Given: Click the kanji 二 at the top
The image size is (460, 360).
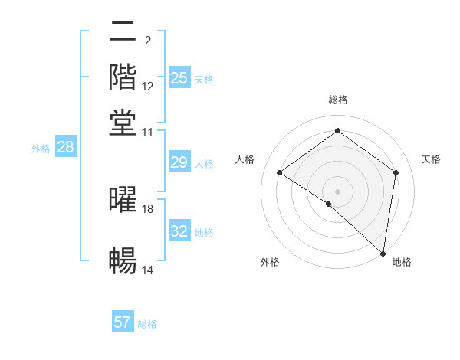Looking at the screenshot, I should click(x=123, y=32).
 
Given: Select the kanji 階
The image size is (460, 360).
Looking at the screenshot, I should click(x=123, y=77).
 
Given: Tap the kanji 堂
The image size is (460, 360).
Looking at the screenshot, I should click(x=123, y=123).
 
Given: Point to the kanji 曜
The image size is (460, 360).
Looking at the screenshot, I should click(x=123, y=199).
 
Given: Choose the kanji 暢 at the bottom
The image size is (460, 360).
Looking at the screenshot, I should click(x=123, y=260).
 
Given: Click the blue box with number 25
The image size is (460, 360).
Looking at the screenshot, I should click(x=179, y=77).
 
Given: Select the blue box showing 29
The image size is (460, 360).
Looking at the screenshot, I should click(x=179, y=162).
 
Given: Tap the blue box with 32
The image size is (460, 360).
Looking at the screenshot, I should click(x=179, y=231).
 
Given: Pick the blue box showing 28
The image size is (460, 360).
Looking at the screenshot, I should click(x=65, y=148).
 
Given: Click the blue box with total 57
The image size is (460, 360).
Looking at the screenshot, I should click(x=123, y=322).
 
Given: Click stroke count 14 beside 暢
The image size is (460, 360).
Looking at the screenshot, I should click(x=148, y=270).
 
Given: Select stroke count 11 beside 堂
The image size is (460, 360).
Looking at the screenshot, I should click(x=148, y=133).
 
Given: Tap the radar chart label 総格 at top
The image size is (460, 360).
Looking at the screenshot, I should click(x=338, y=100).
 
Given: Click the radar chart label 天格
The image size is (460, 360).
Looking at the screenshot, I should click(x=432, y=159).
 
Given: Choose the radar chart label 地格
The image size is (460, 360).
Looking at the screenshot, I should click(x=402, y=263).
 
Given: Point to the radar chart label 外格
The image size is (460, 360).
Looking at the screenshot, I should click(x=271, y=263).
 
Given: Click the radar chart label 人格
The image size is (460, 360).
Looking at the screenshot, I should click(x=245, y=159).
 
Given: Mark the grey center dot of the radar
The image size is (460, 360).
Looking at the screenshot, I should click(x=338, y=190).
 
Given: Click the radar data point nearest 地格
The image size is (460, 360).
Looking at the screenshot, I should click(x=383, y=253).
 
